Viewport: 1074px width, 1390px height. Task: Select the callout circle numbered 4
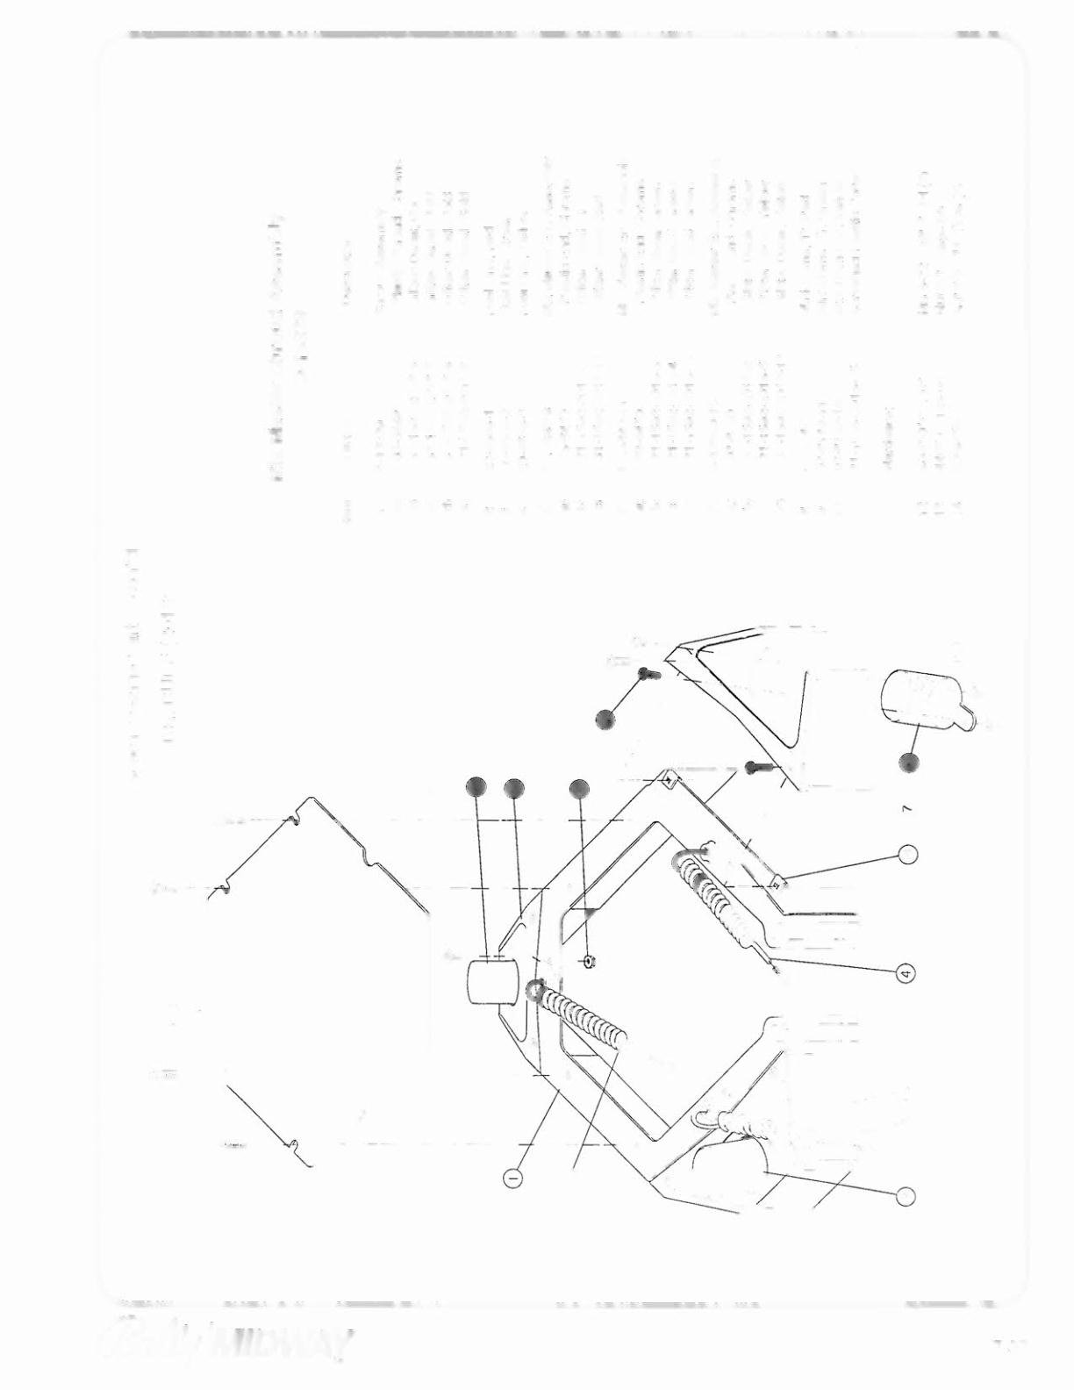907,971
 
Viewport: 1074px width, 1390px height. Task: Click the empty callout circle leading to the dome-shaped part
907,1195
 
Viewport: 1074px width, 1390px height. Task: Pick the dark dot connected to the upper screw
605,719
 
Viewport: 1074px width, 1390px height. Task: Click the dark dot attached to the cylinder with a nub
911,763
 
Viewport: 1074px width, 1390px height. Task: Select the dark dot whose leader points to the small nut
579,789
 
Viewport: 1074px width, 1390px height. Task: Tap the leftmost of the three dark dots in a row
476,788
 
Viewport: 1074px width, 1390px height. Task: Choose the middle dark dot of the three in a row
514,788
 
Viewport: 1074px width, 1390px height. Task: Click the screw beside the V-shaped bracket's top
647,674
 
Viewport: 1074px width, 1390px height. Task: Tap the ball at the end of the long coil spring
534,990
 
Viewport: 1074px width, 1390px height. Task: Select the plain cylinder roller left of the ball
491,981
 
